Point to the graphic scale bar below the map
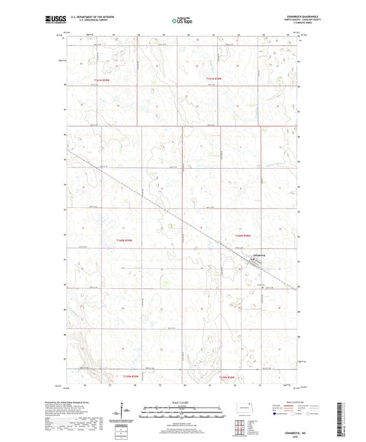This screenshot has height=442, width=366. coord(182,415)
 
